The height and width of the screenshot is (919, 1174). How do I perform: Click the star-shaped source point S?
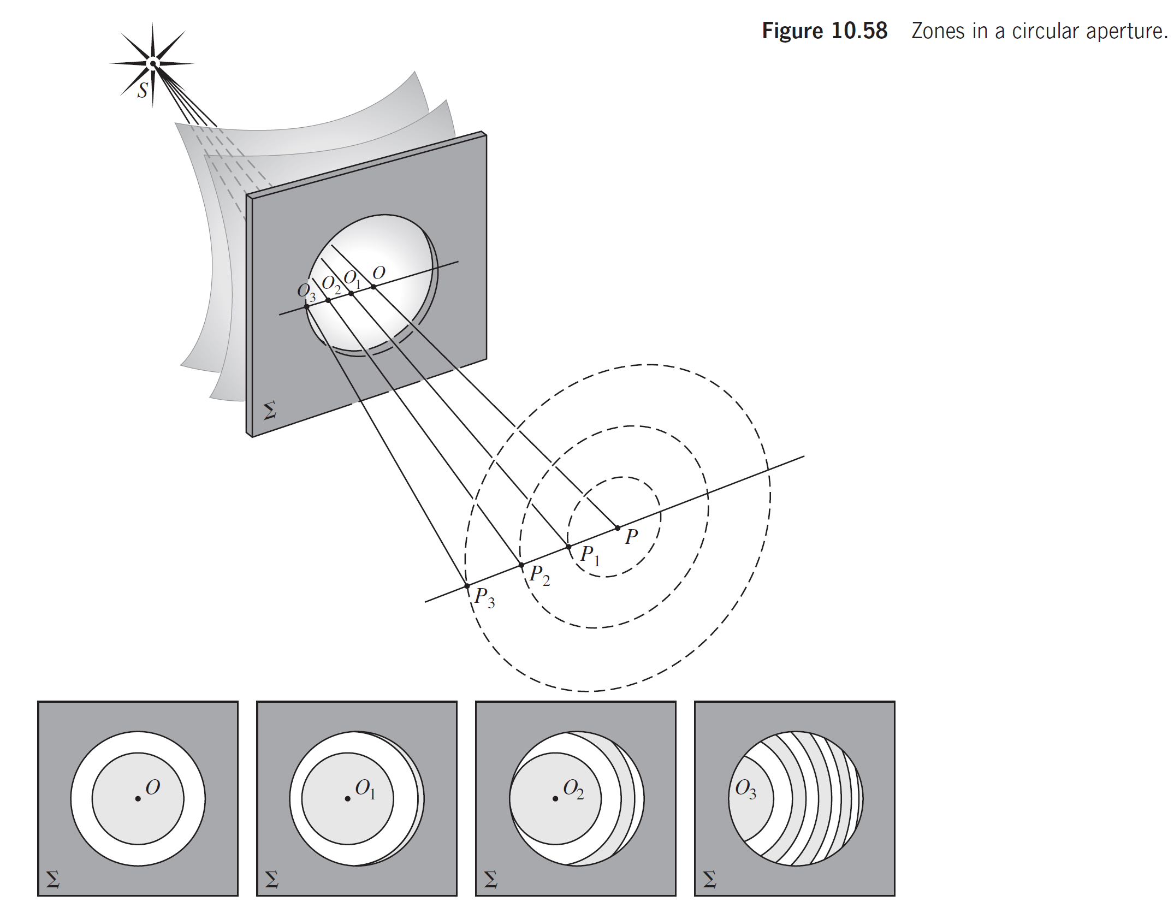[x=153, y=64]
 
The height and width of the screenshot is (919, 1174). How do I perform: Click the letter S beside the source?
[x=143, y=90]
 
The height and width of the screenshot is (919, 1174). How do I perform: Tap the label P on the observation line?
[x=631, y=537]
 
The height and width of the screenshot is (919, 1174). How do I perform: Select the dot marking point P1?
[x=568, y=547]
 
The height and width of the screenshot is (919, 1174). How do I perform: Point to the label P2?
[x=539, y=575]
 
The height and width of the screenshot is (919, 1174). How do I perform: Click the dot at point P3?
[x=467, y=586]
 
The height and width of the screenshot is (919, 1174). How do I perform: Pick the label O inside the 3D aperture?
[x=379, y=272]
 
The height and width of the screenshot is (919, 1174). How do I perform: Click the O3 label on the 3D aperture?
[x=306, y=292]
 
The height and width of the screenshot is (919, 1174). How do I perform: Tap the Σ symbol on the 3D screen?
[x=270, y=410]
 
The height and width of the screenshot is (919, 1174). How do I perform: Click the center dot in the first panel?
[x=138, y=799]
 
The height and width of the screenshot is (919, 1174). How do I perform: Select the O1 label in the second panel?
[x=365, y=789]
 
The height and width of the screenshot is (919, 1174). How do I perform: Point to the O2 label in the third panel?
[x=573, y=789]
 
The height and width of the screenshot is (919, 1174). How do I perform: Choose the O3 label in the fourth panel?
[x=746, y=789]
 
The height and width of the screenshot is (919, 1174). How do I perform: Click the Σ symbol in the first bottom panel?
[x=53, y=879]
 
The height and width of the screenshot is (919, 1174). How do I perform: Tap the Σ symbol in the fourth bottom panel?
[x=710, y=879]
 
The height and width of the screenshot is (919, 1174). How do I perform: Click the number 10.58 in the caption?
[x=859, y=31]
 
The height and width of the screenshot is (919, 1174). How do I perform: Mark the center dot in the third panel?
[x=555, y=799]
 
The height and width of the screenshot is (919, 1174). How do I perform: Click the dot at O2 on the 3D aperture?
[x=328, y=300]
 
